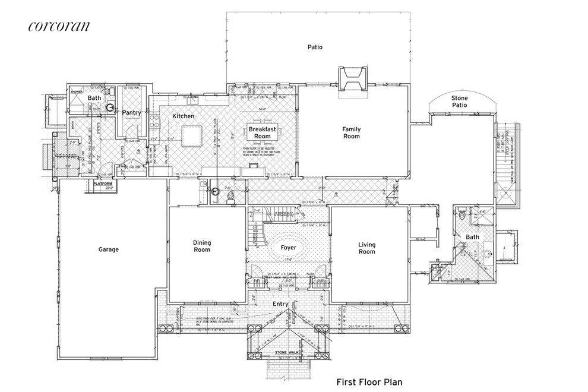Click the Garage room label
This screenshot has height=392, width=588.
point(109,249)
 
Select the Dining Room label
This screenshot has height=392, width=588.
point(202,246)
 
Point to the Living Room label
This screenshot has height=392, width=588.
point(367,248)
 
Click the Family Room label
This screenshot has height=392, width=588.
point(352,132)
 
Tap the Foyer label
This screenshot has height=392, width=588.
point(288,247)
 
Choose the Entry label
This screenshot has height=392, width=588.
point(280,304)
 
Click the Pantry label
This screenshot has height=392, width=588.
point(131,113)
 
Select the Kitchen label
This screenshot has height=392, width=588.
point(184,116)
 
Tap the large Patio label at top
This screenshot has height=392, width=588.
point(315,47)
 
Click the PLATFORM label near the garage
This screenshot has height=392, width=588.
point(103,184)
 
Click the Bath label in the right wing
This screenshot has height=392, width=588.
point(472,237)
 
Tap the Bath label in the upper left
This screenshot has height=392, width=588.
point(94,98)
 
